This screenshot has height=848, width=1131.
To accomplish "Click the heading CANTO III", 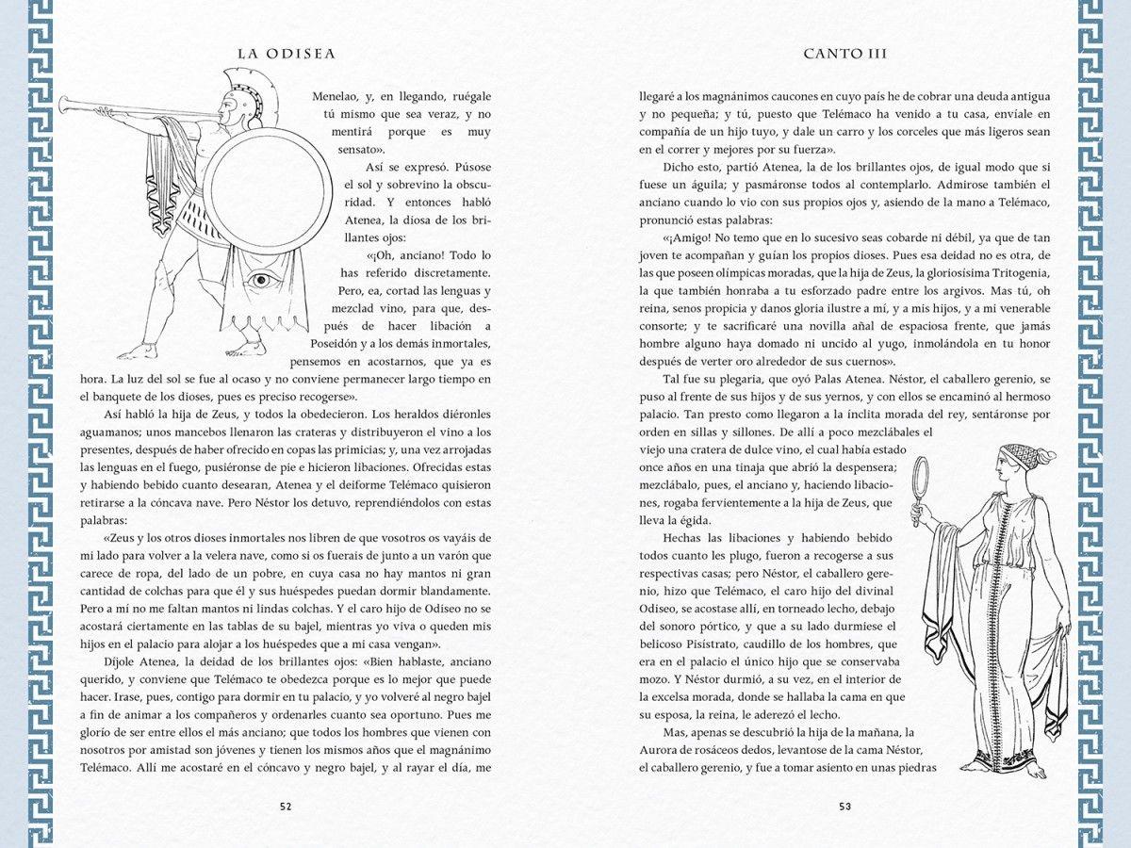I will (x=845, y=54).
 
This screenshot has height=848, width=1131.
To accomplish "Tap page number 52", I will (x=286, y=806).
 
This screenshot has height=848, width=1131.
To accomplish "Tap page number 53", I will (x=844, y=806).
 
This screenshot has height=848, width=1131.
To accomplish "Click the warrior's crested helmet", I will (x=229, y=94).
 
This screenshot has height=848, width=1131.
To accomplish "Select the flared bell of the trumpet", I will (x=66, y=103).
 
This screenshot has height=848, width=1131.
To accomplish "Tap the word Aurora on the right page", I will (x=661, y=750).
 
